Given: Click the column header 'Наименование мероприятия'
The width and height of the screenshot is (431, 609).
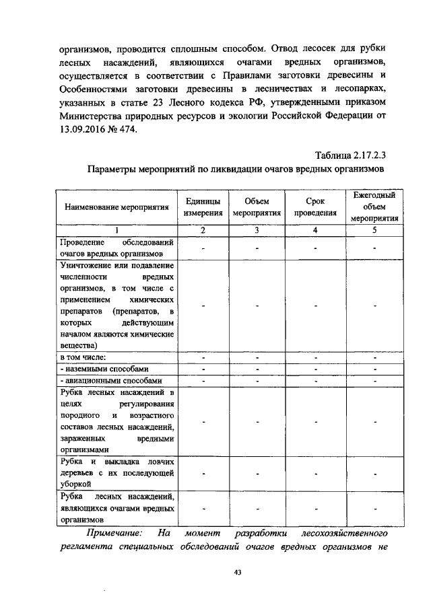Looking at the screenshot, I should [x=117, y=208].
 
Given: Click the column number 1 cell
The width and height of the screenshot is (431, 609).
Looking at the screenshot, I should [x=117, y=230].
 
